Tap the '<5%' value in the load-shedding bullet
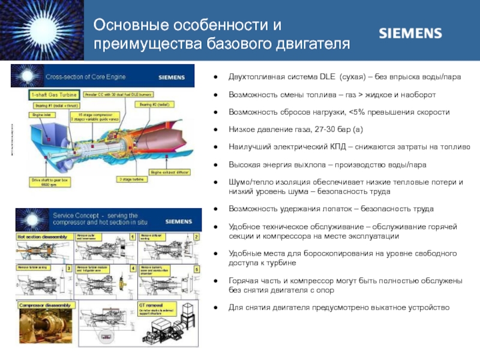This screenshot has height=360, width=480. click(x=357, y=113)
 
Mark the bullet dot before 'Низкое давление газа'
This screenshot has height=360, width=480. click(x=216, y=130)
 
